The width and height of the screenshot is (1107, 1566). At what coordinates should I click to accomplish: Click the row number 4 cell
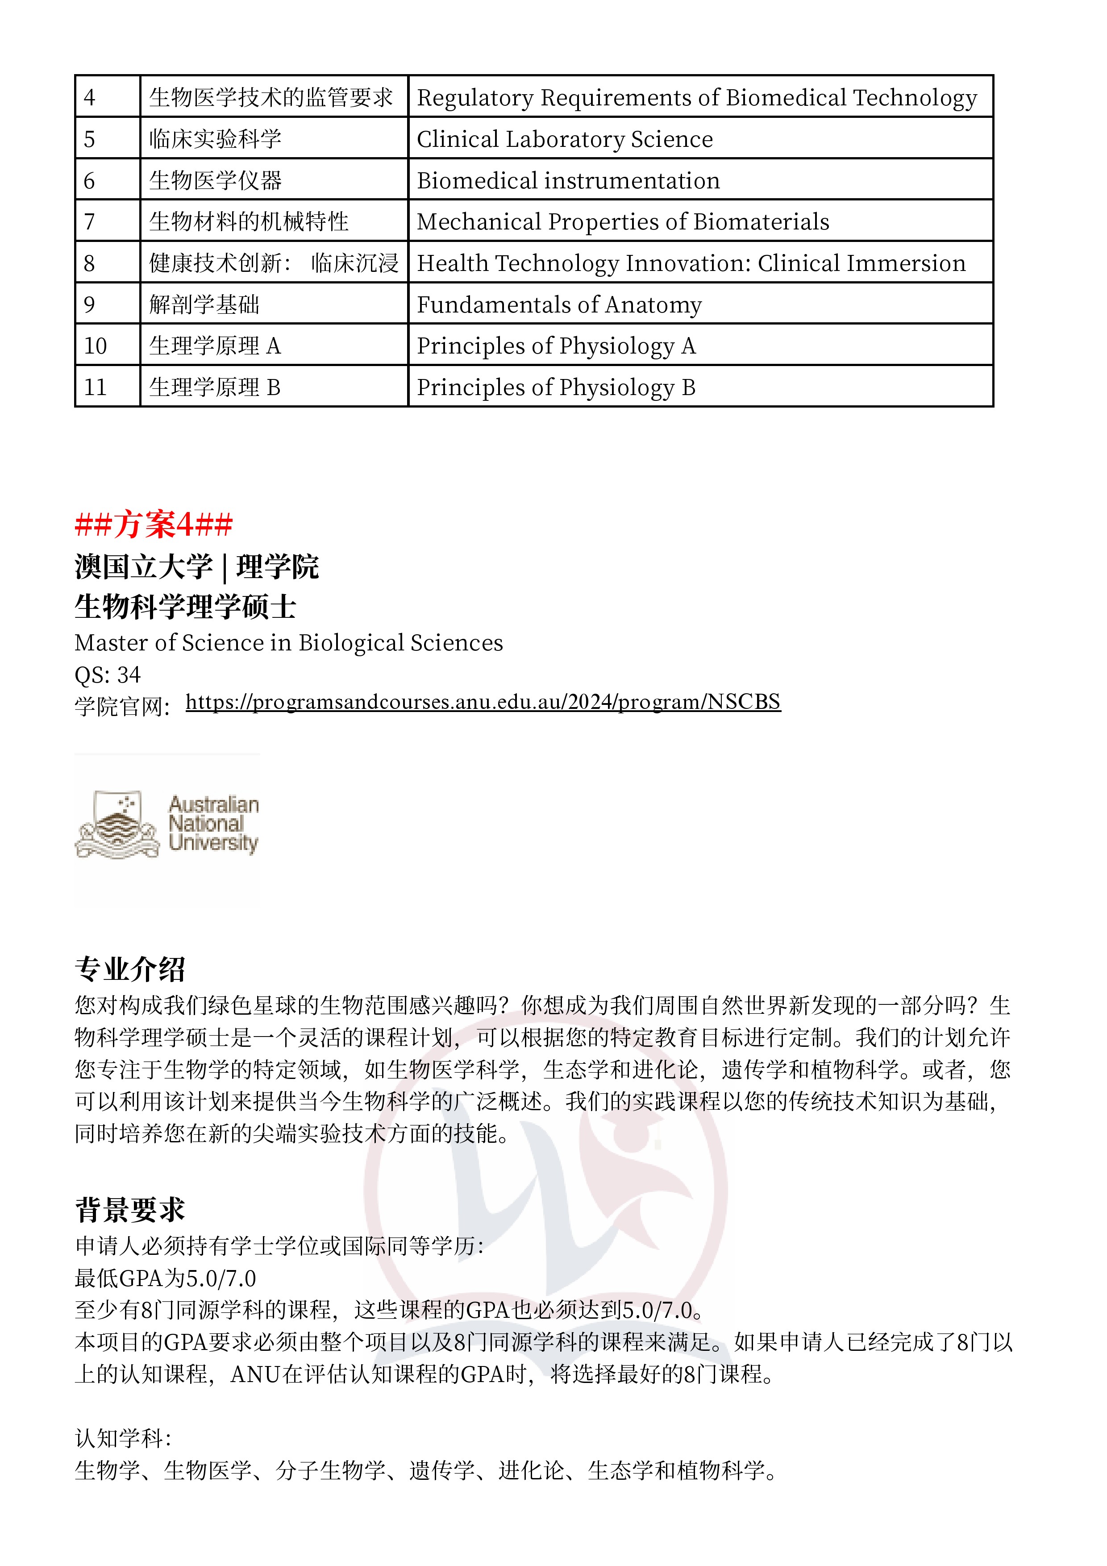click(107, 97)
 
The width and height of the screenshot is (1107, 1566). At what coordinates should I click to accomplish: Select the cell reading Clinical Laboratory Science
click(565, 139)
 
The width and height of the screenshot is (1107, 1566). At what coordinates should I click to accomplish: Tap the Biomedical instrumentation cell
click(568, 181)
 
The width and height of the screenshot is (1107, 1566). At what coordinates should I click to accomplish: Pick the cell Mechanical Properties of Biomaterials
click(623, 222)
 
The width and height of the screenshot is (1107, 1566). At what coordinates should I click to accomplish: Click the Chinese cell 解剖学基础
click(204, 304)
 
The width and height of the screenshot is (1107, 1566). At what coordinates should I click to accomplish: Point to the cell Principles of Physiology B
click(556, 387)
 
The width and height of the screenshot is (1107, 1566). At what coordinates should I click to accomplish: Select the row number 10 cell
click(107, 346)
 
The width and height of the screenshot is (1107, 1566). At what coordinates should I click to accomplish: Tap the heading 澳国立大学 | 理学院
click(196, 566)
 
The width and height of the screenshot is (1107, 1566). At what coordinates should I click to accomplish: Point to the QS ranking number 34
click(128, 675)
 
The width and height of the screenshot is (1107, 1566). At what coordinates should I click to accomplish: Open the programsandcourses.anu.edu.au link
click(482, 702)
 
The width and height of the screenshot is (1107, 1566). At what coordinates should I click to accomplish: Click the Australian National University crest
click(117, 824)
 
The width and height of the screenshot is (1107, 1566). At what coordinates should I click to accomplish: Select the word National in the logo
click(205, 824)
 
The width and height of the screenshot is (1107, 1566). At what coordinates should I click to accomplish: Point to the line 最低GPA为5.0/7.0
click(165, 1278)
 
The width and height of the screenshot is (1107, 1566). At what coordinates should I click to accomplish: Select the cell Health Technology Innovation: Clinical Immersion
click(691, 263)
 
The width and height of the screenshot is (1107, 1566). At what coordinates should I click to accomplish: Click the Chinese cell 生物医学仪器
click(216, 181)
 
